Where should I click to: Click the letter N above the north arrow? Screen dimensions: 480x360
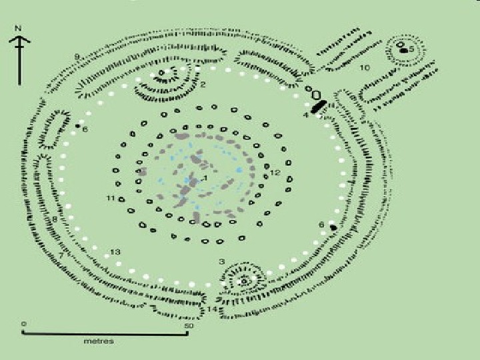click(21, 29)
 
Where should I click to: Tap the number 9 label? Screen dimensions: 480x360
click(77, 55)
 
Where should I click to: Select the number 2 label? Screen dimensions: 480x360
click(203, 85)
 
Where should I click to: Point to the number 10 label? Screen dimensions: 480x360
click(364, 68)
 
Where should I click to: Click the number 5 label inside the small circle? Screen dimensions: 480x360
click(411, 49)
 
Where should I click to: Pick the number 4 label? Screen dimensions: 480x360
click(306, 115)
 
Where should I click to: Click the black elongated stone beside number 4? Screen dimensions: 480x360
click(319, 107)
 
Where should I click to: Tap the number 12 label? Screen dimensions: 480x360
click(275, 173)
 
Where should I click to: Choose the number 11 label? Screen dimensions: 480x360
click(111, 198)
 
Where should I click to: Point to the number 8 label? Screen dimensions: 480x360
click(55, 219)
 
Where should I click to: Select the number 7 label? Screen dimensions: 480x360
click(61, 255)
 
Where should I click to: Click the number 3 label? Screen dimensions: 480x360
click(221, 261)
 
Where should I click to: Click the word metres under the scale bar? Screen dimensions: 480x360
click(99, 341)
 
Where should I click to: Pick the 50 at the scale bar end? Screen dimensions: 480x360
click(188, 326)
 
